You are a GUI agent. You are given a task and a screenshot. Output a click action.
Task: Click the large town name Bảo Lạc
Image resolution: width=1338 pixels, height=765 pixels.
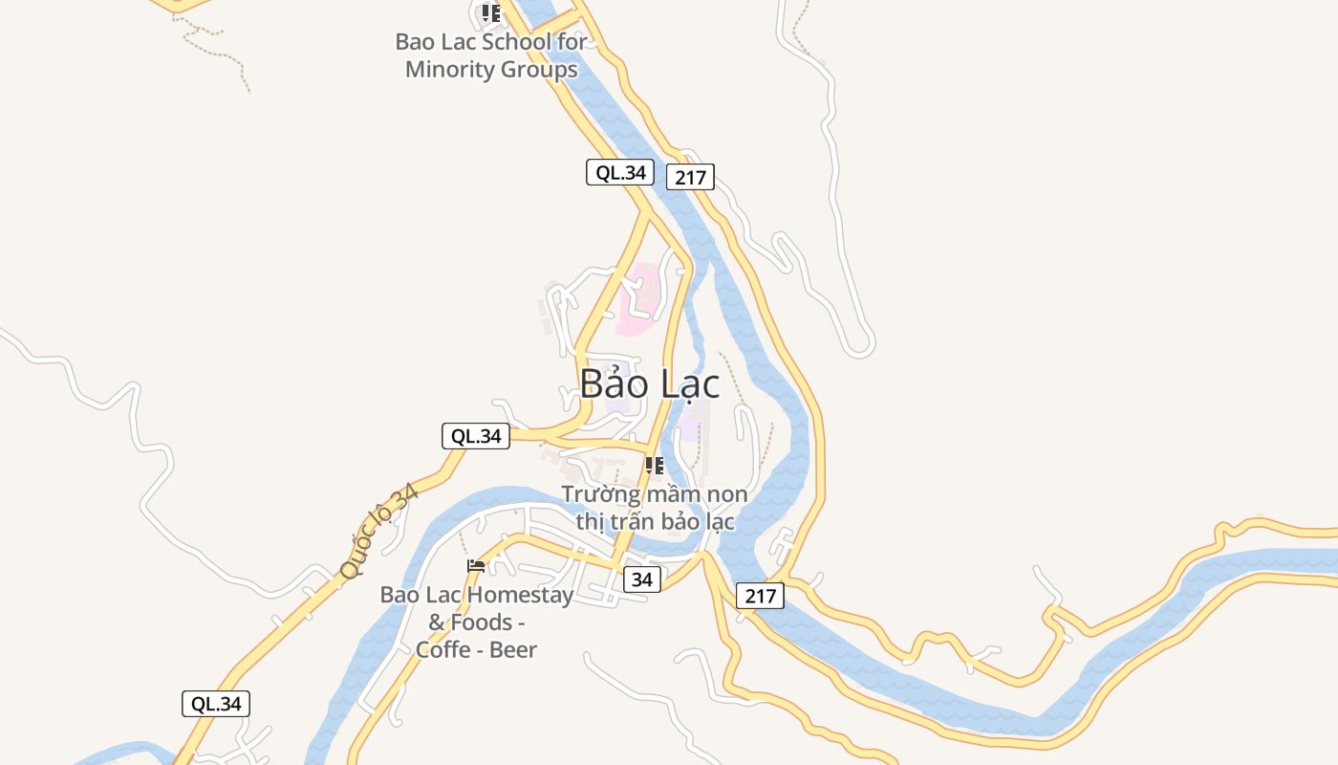click(x=650, y=384)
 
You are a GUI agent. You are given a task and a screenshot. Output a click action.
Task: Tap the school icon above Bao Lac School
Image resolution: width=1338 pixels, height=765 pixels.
click(x=490, y=13)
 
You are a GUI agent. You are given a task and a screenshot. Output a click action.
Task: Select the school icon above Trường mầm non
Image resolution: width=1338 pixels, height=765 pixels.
click(x=655, y=466)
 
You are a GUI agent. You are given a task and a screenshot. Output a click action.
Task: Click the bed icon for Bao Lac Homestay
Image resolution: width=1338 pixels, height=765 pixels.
click(x=476, y=566)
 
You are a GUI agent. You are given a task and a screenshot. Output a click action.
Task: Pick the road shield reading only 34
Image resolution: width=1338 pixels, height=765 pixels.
click(x=642, y=579)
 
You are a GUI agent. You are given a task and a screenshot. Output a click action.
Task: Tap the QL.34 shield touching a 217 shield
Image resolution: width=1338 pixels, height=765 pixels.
click(x=620, y=172)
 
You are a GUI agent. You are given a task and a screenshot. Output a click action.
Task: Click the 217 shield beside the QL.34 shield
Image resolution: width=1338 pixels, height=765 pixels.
click(x=690, y=177)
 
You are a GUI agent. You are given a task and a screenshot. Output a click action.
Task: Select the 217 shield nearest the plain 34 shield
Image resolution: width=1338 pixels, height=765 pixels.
click(x=761, y=596)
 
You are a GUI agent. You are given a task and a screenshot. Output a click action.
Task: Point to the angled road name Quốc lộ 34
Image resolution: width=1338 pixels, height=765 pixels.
click(x=378, y=532)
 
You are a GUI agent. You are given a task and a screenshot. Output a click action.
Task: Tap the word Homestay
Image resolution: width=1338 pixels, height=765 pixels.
click(x=520, y=595)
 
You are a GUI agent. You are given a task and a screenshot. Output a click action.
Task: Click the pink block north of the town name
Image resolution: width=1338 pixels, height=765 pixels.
click(x=638, y=298)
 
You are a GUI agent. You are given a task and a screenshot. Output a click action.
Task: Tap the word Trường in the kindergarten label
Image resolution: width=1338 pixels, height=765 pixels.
click(x=599, y=494)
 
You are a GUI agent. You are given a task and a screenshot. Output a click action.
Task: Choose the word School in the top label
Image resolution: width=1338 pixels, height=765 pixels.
click(x=516, y=42)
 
